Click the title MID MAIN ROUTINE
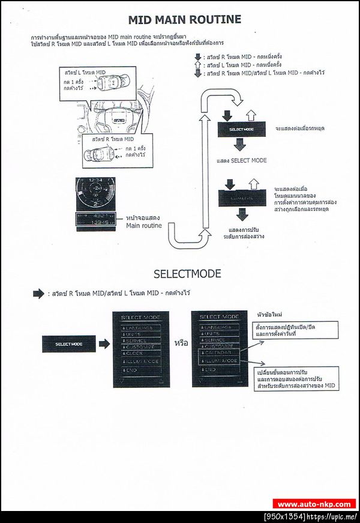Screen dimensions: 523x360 click(184, 20)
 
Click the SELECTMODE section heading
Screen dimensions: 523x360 click(187, 274)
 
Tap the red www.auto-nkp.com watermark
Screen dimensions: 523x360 click(314, 504)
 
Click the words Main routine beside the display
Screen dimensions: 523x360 click(143, 226)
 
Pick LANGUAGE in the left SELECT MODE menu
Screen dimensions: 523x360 click(139, 328)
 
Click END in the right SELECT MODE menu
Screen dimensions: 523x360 click(209, 370)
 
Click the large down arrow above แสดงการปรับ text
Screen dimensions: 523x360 click(242, 214)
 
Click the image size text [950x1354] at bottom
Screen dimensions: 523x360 click(285, 516)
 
